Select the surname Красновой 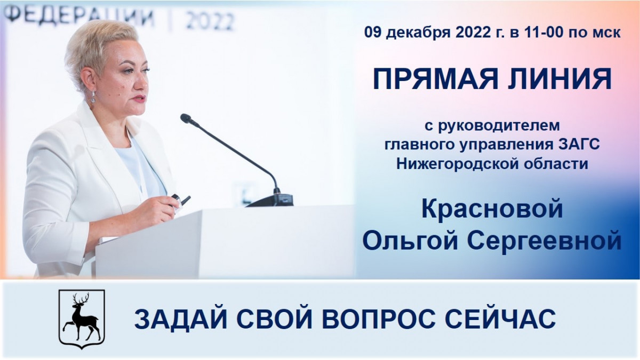[x=492, y=209]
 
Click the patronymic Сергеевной [x=545, y=241]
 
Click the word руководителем [x=499, y=126]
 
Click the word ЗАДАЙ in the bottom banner [x=181, y=319]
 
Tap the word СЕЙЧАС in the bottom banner [x=500, y=319]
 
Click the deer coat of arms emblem [x=82, y=319]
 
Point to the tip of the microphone [x=186, y=118]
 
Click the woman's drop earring [x=93, y=97]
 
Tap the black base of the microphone [x=270, y=201]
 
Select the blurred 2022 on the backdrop [x=210, y=21]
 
